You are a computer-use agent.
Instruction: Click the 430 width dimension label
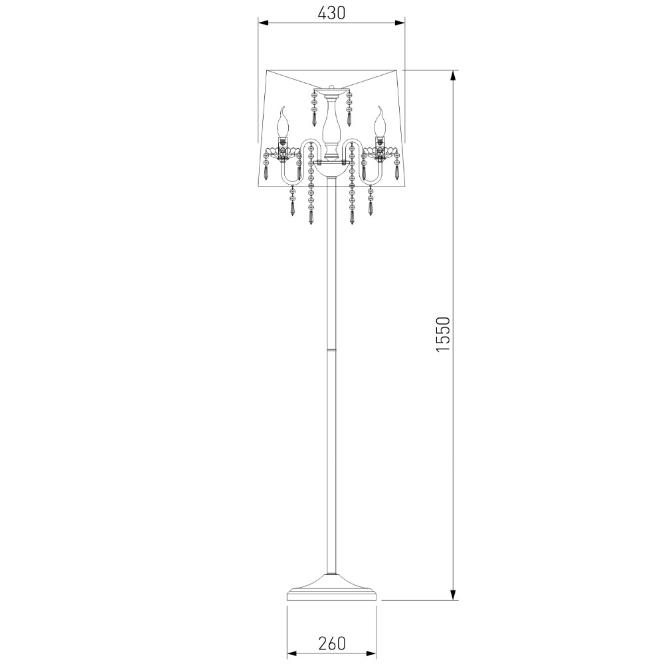[331, 14]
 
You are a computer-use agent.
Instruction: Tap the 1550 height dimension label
[443, 334]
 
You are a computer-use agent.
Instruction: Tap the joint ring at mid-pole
[331, 350]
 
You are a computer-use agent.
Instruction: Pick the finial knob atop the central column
[331, 87]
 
